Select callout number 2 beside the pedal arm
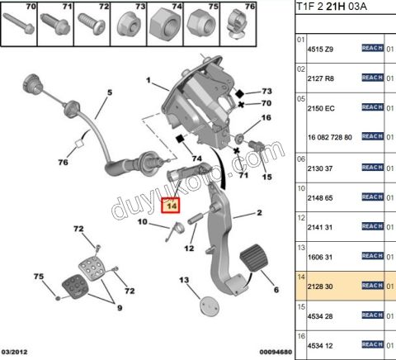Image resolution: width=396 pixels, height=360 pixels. coord(259,212)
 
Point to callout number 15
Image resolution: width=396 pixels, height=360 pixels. coord(266,178)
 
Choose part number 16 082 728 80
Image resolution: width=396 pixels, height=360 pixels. coord(330,136)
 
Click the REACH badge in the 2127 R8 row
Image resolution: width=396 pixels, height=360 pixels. coord(372,77)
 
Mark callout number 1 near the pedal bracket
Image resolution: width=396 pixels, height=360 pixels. coord(149,81)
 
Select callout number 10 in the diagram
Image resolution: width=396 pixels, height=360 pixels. coord(142,222)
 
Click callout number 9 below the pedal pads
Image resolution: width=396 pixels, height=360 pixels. coord(117,308)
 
